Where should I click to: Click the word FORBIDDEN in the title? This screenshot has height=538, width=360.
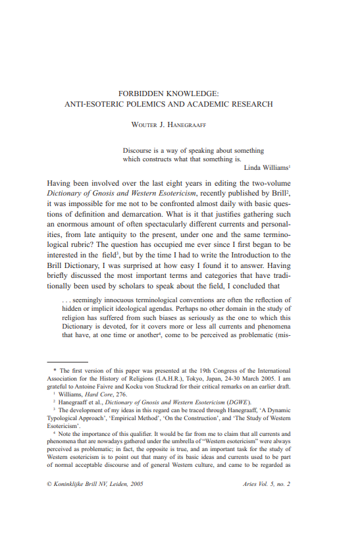141,94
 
